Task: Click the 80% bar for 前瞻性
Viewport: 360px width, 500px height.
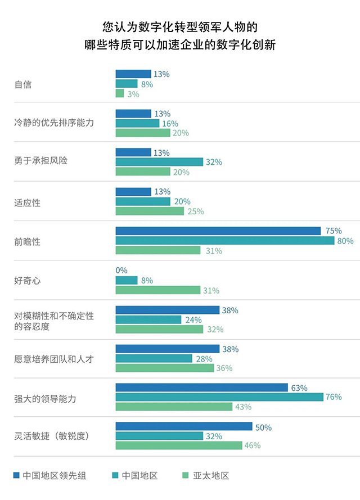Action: pos(225,241)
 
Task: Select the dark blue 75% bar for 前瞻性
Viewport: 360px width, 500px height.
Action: pos(218,231)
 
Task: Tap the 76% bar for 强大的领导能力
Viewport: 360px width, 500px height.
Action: pos(219,397)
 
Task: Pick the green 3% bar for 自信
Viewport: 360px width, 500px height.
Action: pos(119,94)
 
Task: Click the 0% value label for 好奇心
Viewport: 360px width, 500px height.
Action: pos(121,271)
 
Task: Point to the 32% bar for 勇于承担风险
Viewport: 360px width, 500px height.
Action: pos(159,162)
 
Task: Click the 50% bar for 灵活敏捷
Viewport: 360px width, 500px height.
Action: pos(184,426)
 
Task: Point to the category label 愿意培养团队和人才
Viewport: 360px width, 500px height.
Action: pos(53,359)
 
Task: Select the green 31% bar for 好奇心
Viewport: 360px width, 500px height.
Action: pos(158,290)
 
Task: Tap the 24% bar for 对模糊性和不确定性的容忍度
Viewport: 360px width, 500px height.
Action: pos(148,319)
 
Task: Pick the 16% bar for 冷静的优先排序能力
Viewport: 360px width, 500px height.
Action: pos(137,123)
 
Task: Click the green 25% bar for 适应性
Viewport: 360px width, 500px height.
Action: pos(150,211)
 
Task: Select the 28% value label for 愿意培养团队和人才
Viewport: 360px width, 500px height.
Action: pos(203,359)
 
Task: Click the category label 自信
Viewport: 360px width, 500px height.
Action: pos(22,84)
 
